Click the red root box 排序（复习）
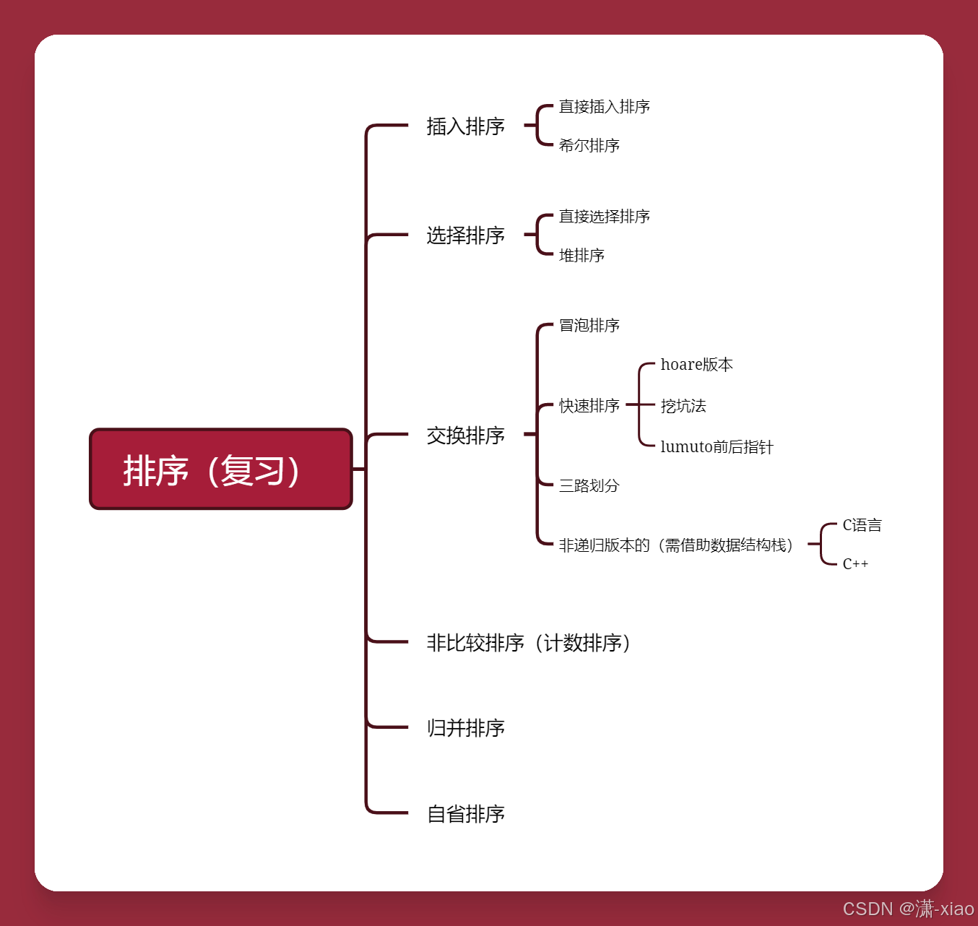point(220,470)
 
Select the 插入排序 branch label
point(465,126)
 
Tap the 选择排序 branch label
point(465,235)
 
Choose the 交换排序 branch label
point(465,436)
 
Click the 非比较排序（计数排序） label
point(528,643)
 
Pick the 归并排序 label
point(465,728)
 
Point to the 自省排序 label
point(465,814)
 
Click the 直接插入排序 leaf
point(604,107)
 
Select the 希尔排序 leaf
point(589,146)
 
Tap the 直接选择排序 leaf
point(604,217)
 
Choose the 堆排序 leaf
point(581,256)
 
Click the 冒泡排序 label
point(589,326)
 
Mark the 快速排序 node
point(589,406)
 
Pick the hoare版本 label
point(696,365)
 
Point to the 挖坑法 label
point(683,406)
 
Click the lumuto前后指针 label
point(716,447)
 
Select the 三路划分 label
point(589,486)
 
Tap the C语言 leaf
point(862,526)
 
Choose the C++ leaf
point(855,564)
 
